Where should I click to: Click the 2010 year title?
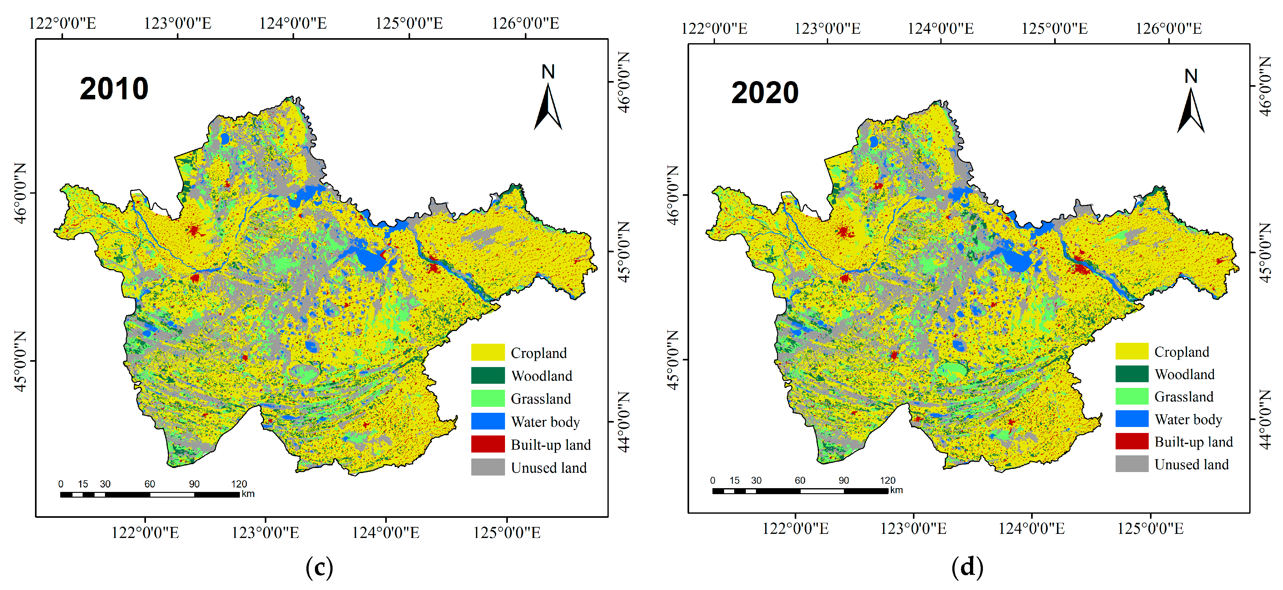[114, 89]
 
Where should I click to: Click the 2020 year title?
[764, 93]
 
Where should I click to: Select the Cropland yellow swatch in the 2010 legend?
[488, 352]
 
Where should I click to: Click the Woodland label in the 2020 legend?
[1184, 374]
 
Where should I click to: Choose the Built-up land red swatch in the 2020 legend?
[1132, 441]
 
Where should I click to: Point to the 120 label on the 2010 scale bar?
[239, 484]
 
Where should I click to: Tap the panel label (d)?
[967, 567]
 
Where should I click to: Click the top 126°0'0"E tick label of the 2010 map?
[525, 23]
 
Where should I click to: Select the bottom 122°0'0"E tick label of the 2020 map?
[795, 528]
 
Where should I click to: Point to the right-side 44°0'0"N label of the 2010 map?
[624, 422]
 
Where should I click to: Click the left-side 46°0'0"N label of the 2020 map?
[672, 195]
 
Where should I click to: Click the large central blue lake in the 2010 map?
[369, 259]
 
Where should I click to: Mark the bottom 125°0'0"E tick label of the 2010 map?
[507, 533]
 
